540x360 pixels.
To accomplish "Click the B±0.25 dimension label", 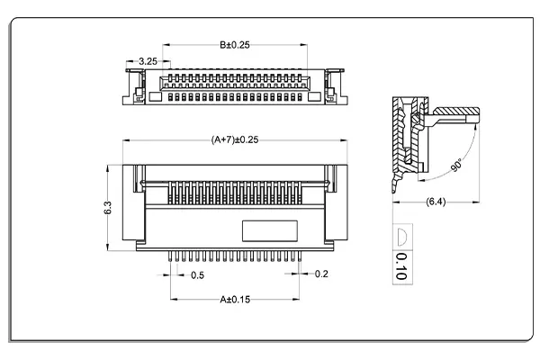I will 235,44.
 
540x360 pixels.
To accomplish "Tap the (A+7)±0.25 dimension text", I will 235,139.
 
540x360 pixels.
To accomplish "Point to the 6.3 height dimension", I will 108,206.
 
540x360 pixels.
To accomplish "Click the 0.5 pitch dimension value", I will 196,274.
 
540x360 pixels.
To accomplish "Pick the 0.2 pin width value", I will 321,274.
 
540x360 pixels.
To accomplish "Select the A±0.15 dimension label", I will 235,299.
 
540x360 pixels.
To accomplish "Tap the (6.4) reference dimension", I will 436,203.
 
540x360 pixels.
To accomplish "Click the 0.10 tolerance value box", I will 400,267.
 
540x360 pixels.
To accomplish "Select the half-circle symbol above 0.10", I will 400,237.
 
